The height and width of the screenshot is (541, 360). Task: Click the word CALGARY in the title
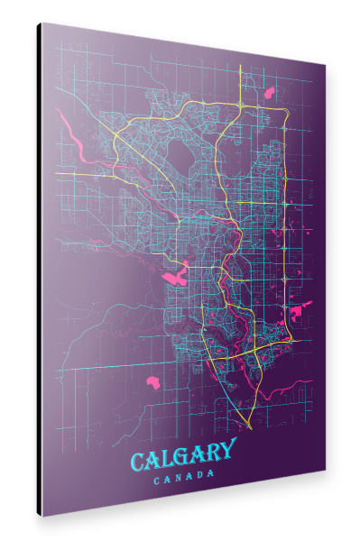(184, 455)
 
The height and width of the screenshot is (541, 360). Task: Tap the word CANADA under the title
(184, 477)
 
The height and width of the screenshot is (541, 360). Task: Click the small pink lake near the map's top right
(269, 91)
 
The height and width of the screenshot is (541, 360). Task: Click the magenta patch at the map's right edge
(296, 312)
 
